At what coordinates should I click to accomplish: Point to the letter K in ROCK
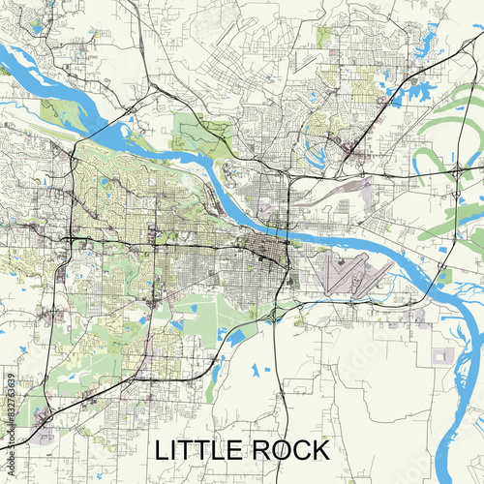318,450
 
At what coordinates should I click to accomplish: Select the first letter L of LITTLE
163,450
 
